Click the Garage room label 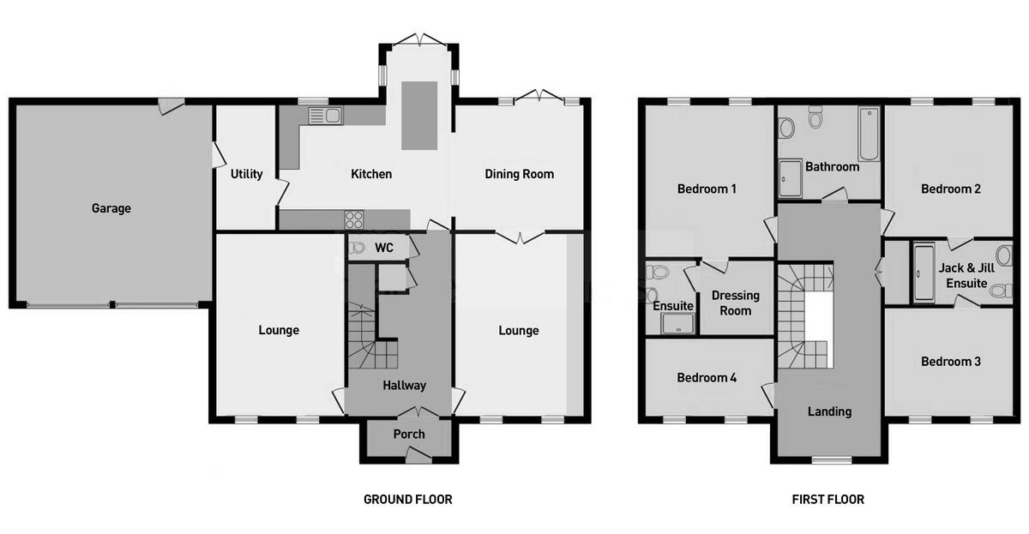point(111,208)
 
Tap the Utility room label point(246,174)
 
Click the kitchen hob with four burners point(355,219)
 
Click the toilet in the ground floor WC point(357,248)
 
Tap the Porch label point(409,434)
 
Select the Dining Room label point(520,174)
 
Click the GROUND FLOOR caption point(407,499)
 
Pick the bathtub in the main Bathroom point(868,135)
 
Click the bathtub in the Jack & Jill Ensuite point(923,273)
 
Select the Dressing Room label point(735,303)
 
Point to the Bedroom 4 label point(707,378)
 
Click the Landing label point(829,411)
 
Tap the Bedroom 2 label point(950,189)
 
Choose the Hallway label point(404,386)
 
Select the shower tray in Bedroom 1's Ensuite point(677,323)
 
